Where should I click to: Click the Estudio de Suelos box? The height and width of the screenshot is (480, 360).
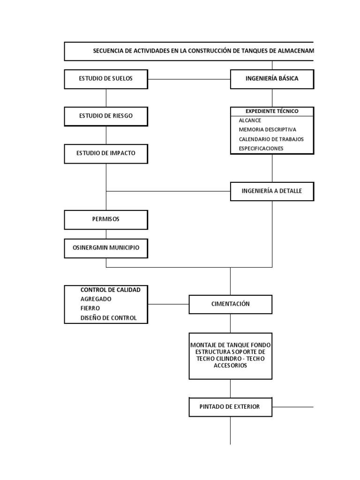[x=106, y=79]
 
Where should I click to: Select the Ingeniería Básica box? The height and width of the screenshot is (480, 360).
[x=272, y=79]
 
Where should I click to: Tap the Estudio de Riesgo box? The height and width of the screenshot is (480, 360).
[x=106, y=116]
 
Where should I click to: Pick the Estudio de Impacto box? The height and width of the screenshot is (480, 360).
[x=106, y=153]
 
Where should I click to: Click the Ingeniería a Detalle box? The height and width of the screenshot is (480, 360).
[x=272, y=191]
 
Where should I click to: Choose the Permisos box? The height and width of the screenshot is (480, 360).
[x=106, y=219]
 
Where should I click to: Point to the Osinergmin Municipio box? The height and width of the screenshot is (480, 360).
[x=106, y=248]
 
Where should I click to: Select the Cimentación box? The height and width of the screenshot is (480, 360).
[x=230, y=304]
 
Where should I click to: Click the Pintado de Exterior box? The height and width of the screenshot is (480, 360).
[x=230, y=407]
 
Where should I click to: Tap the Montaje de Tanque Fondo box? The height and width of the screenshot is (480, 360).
[x=230, y=355]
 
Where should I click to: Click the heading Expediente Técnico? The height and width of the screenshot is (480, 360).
[x=272, y=111]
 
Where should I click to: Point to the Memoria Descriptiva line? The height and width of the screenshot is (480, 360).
[x=267, y=130]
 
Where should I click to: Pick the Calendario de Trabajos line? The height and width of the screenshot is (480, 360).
[x=271, y=139]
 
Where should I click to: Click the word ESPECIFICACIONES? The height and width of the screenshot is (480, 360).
[x=261, y=149]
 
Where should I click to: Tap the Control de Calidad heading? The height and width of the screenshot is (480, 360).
[x=110, y=290]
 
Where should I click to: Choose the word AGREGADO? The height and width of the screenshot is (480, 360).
[x=96, y=299]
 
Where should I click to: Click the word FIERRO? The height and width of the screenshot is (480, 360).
[x=90, y=308]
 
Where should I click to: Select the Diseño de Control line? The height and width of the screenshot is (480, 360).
[x=109, y=318]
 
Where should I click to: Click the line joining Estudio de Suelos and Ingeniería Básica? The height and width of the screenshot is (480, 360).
[x=189, y=79]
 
